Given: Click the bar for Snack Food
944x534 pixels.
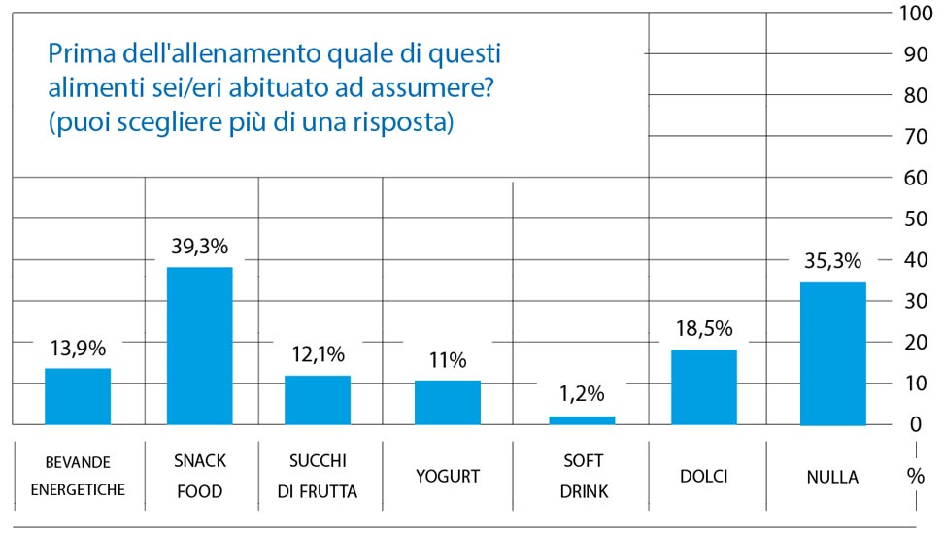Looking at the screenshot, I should click(x=199, y=346).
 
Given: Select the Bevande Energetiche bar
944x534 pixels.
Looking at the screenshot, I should click(x=78, y=396).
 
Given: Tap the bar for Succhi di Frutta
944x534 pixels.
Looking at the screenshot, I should click(x=318, y=400).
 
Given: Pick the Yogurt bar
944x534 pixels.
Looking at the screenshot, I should click(x=447, y=402).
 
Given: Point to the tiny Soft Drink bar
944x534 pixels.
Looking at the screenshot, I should click(x=582, y=419).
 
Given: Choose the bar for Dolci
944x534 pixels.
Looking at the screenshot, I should click(x=704, y=386).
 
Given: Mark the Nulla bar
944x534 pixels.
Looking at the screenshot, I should click(x=832, y=353).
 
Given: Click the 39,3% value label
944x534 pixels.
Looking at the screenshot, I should click(x=198, y=247).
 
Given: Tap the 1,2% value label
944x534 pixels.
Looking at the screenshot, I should click(x=582, y=394).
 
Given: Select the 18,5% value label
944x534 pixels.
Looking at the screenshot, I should click(x=704, y=328).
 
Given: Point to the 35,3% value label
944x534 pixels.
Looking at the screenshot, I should click(x=832, y=260).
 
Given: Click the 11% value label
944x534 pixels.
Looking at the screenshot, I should click(x=447, y=360).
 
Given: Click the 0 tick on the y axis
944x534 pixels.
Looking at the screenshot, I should click(x=915, y=424).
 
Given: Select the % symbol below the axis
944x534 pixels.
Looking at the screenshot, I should click(x=915, y=476).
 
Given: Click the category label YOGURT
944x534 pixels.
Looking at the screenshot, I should click(x=447, y=476).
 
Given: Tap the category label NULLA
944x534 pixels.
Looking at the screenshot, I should click(x=832, y=477).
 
